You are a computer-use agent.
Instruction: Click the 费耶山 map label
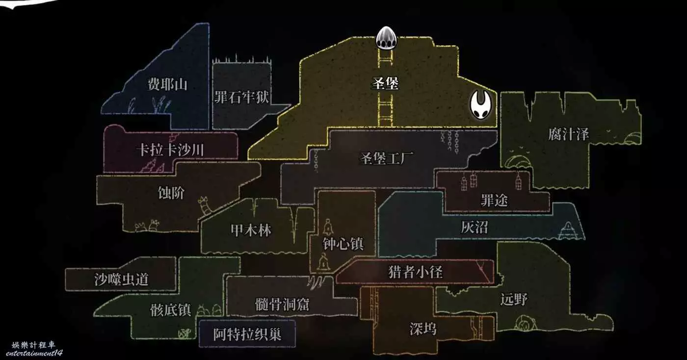pyautogui.click(x=167, y=84)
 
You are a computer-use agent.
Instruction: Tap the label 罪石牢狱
pyautogui.click(x=241, y=97)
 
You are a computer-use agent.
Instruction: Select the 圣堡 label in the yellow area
pyautogui.click(x=384, y=83)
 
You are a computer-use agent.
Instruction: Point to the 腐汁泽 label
pyautogui.click(x=568, y=134)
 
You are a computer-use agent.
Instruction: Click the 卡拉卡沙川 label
pyautogui.click(x=170, y=150)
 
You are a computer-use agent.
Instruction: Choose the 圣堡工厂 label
pyautogui.click(x=387, y=159)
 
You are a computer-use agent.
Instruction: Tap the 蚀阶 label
pyautogui.click(x=171, y=193)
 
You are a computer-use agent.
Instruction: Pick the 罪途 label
pyautogui.click(x=494, y=200)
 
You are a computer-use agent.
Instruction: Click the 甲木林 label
pyautogui.click(x=251, y=230)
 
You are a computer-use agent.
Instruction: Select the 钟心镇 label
pyautogui.click(x=343, y=244)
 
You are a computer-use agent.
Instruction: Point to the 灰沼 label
pyautogui.click(x=474, y=227)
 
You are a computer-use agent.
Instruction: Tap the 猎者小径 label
pyautogui.click(x=415, y=271)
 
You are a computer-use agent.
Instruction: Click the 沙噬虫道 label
pyautogui.click(x=121, y=280)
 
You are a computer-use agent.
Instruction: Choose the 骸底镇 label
pyautogui.click(x=170, y=310)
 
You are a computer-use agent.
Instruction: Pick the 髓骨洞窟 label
pyautogui.click(x=282, y=304)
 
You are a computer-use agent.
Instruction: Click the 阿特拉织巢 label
pyautogui.click(x=247, y=334)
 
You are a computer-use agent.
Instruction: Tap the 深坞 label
pyautogui.click(x=423, y=328)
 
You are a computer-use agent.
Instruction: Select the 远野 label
pyautogui.click(x=514, y=299)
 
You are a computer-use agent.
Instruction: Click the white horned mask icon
pyautogui.click(x=482, y=105)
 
